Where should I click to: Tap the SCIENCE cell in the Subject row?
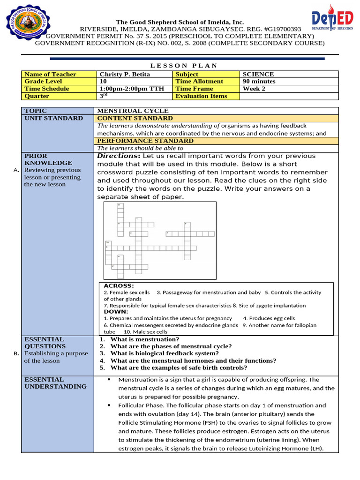pos(258,74)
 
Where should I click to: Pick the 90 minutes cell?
pos(259,81)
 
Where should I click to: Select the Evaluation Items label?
pos(201,96)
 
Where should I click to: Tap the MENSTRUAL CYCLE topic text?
pos(133,111)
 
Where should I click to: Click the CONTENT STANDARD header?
pos(135,118)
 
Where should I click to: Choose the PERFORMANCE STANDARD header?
pos(145,141)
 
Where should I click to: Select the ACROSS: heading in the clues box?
pos(119,285)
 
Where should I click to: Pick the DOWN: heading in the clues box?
pos(116,311)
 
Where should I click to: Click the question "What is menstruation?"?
pos(143,339)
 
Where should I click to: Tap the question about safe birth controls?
pos(172,368)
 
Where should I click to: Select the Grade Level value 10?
pos(103,81)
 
